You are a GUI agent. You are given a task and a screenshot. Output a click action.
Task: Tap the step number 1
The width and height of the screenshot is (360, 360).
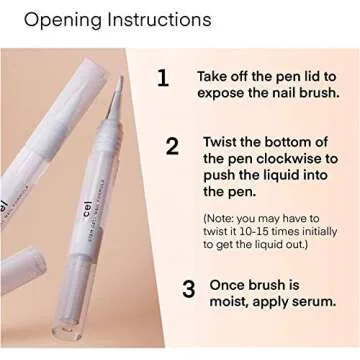164,78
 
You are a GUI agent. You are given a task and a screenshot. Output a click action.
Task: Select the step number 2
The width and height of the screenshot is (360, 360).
172,146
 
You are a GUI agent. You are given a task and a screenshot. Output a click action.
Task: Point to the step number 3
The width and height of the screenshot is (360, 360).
187,290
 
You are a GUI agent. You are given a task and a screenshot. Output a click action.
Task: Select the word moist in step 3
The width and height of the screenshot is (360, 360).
232,304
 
